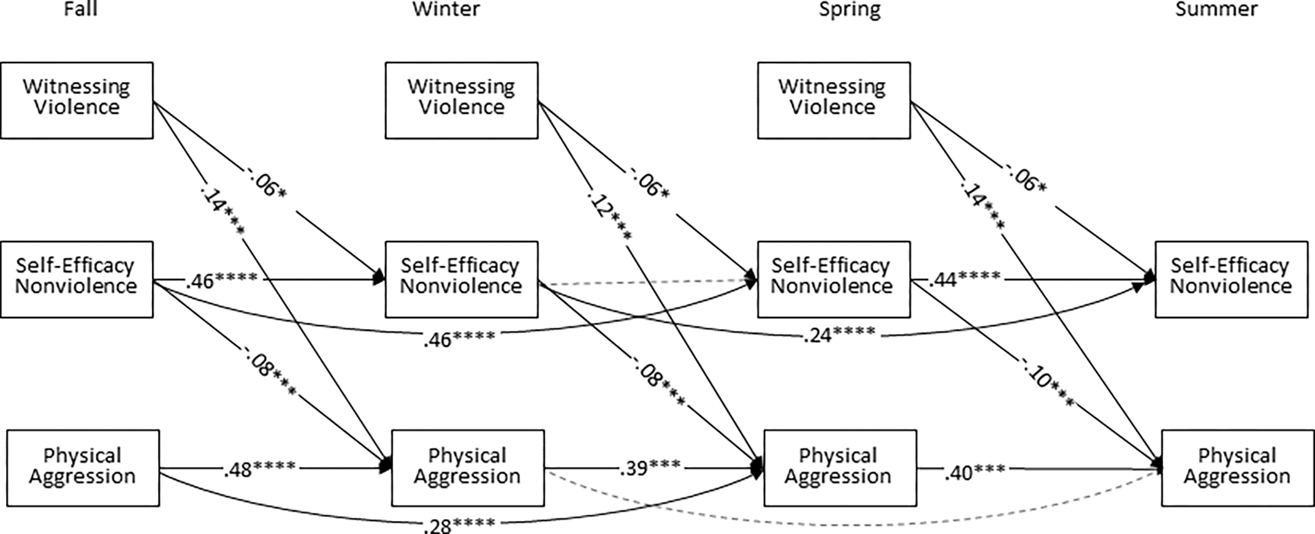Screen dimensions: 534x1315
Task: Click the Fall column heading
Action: (x=81, y=9)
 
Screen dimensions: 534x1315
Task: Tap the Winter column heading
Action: (x=446, y=9)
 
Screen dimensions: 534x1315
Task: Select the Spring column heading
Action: (x=849, y=9)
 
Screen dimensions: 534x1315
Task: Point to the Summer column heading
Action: (x=1216, y=9)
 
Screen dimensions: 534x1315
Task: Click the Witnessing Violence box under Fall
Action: (x=76, y=100)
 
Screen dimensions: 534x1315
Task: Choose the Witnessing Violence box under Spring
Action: (x=833, y=100)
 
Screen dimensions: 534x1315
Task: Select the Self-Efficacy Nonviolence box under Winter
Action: (x=461, y=279)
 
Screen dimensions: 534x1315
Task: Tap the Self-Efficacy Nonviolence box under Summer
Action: (x=1231, y=279)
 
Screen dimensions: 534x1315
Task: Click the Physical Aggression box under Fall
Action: (x=83, y=468)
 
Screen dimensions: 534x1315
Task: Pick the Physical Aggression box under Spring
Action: (x=840, y=468)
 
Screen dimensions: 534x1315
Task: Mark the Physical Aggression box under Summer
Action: (x=1237, y=468)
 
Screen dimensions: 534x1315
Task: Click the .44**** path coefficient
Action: (x=964, y=279)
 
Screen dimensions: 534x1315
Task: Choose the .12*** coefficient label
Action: (x=609, y=216)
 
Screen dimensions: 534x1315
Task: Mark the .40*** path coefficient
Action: (x=974, y=471)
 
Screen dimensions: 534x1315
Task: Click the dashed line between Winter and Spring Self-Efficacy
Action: (x=645, y=282)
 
